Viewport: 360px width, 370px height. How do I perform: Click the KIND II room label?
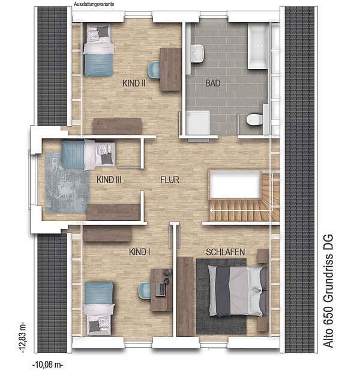(134, 83)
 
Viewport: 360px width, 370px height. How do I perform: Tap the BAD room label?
(213, 83)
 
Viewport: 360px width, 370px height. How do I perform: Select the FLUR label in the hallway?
(170, 180)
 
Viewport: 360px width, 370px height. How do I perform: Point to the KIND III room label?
(109, 180)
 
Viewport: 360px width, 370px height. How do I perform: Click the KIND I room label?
(140, 252)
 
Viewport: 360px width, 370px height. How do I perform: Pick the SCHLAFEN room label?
(226, 252)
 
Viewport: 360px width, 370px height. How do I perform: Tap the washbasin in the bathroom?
(197, 54)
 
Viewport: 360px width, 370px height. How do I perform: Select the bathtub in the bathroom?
(257, 46)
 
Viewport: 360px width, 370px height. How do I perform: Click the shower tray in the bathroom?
(197, 123)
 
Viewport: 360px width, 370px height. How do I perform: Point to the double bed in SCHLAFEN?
(238, 291)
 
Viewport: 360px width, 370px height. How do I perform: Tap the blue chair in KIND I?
(145, 291)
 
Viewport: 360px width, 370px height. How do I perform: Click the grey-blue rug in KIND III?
(67, 182)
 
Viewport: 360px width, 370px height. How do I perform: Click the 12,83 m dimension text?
(23, 338)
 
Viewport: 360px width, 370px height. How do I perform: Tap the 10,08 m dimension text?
(48, 365)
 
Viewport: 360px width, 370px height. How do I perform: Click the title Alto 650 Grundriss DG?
(328, 291)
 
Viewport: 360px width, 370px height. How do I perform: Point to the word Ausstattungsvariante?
(94, 4)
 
